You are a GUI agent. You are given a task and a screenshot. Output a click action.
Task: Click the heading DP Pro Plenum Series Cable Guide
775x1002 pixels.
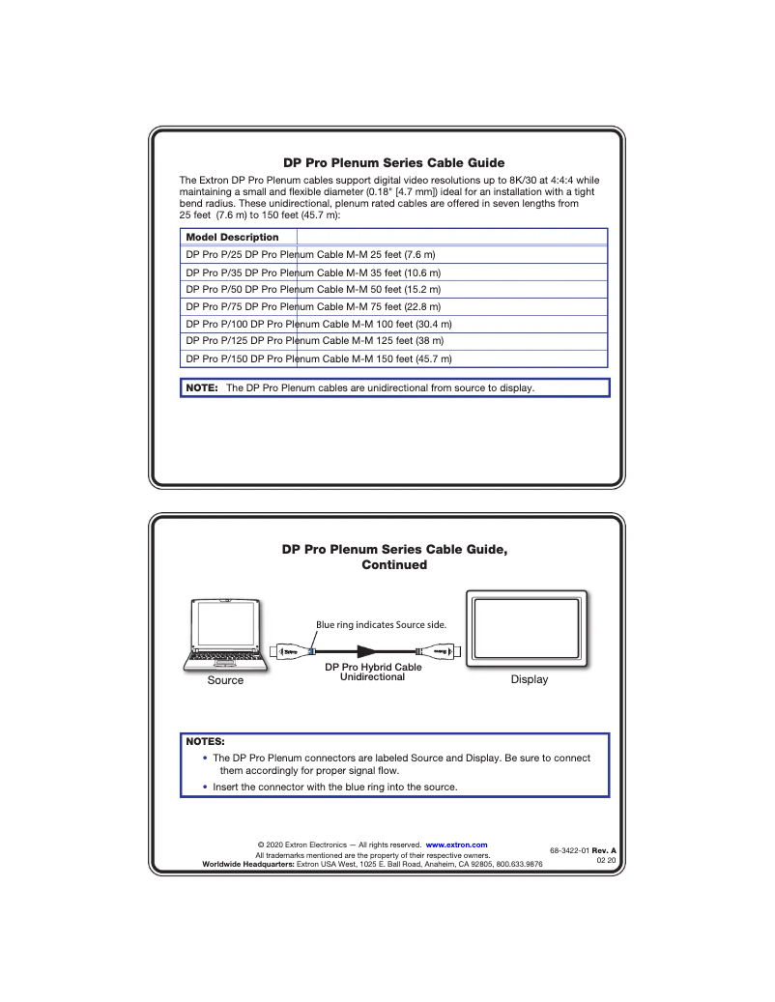(393, 163)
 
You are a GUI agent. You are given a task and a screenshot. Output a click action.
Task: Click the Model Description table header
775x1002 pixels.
(232, 238)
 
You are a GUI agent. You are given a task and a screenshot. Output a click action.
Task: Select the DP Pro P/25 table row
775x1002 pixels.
(310, 254)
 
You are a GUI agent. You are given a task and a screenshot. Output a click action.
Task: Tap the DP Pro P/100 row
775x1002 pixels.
(319, 324)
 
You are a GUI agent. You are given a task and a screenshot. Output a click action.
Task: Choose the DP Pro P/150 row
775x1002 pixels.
(319, 358)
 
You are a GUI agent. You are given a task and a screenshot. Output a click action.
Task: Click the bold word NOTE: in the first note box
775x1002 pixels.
(202, 388)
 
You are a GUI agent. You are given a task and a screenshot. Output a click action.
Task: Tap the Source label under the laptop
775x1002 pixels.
(225, 680)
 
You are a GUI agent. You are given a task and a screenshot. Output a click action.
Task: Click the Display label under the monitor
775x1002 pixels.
(529, 680)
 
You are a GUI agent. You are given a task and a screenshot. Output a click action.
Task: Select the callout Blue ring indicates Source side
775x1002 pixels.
(381, 625)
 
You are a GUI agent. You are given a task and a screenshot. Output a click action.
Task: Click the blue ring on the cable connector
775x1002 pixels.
(309, 652)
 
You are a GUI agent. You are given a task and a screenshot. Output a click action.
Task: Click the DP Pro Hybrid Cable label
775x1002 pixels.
(373, 667)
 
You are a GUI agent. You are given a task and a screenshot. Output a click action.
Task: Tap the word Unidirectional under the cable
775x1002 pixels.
(373, 677)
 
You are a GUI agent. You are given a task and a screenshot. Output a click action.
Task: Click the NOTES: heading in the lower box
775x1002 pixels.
(205, 742)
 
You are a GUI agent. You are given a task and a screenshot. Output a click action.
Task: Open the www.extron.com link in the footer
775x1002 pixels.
(456, 845)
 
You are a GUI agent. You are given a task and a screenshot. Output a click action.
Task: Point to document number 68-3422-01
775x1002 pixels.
(570, 850)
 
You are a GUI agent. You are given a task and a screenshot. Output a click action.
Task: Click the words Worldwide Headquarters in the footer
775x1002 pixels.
(247, 864)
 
